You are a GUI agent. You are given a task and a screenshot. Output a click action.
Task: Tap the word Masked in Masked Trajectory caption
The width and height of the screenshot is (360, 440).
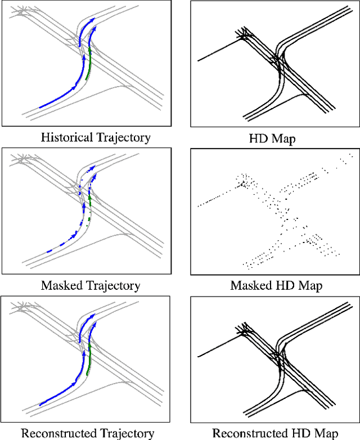tap(62, 285)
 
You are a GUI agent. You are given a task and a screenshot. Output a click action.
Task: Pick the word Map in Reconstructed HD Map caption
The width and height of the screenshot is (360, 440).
tap(327, 433)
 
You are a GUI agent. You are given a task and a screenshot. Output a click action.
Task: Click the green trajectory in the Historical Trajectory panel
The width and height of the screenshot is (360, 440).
tap(89, 66)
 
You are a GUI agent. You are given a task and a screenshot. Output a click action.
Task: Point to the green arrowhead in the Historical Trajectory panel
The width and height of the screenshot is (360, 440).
tap(90, 49)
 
